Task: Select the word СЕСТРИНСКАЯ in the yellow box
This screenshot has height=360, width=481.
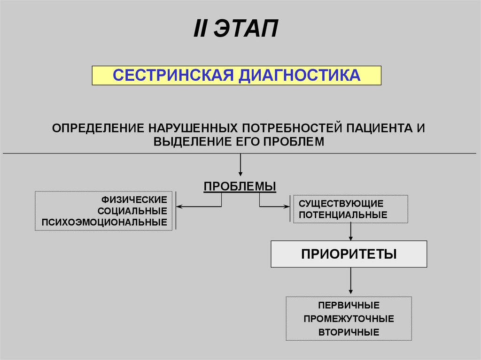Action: click(x=173, y=75)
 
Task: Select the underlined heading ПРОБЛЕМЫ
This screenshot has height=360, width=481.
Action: click(x=240, y=186)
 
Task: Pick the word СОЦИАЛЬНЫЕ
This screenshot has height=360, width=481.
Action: click(x=136, y=211)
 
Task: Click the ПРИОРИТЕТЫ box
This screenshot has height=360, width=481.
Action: click(x=349, y=254)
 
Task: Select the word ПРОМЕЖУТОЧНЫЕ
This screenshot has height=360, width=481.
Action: click(x=349, y=319)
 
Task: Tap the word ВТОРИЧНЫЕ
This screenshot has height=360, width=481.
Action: click(x=349, y=332)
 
